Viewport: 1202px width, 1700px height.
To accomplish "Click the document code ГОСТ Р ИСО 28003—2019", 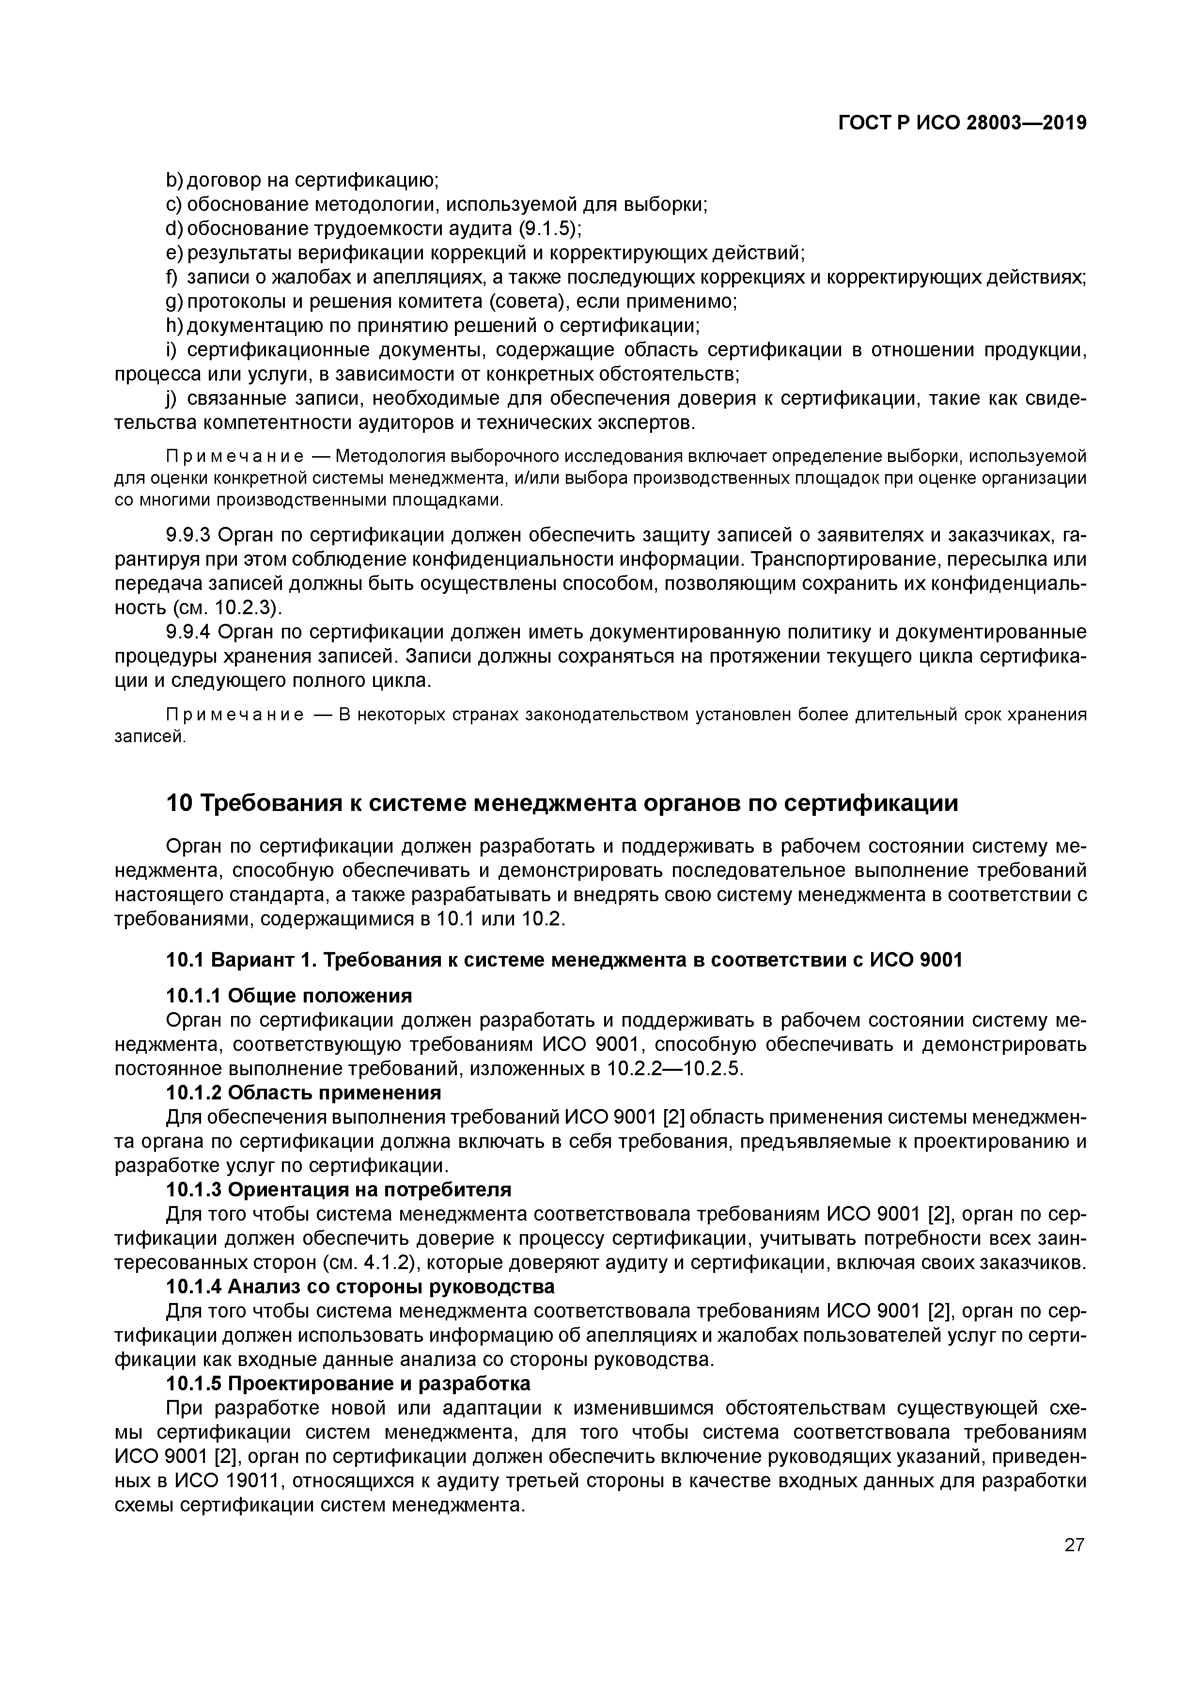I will coord(962,124).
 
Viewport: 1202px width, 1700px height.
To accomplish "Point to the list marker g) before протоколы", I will coord(174,302).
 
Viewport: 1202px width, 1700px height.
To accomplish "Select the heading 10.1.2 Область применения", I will coord(303,1093).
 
